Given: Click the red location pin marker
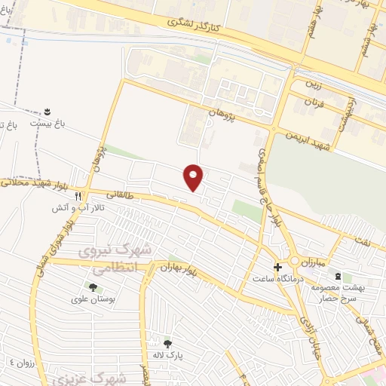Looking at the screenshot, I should point(195,177).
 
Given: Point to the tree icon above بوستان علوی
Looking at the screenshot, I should point(93,287).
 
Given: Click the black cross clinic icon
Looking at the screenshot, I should point(277,267).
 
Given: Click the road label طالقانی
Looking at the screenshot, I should point(121,194).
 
